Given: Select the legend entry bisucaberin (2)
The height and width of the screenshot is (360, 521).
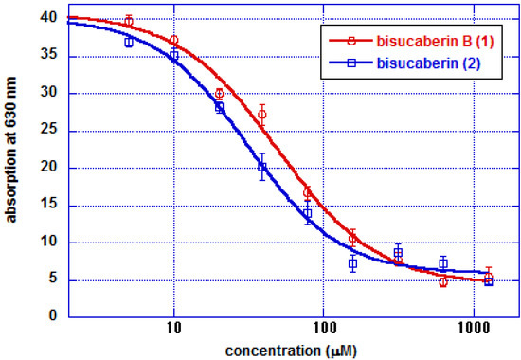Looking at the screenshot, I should pos(410,61).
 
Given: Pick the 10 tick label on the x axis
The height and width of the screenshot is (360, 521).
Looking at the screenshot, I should pos(174,329).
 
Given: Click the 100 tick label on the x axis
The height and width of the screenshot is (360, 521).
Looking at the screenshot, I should pos(323,329).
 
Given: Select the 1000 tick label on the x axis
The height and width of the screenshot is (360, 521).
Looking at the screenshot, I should pos(472,329).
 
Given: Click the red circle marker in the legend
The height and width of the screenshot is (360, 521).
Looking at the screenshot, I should pos(351,41).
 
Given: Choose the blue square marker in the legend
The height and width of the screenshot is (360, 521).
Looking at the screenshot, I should pos(351,61).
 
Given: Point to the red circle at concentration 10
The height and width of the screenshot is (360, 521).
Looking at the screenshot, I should pos(173,40).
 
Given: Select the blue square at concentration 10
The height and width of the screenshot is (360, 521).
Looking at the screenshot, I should pos(173,55).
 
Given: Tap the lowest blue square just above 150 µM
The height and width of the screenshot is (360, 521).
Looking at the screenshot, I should pos(352,262).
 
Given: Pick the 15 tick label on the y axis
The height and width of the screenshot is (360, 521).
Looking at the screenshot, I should pos(24,205).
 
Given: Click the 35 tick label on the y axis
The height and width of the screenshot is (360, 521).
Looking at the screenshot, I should pos(24,56).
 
